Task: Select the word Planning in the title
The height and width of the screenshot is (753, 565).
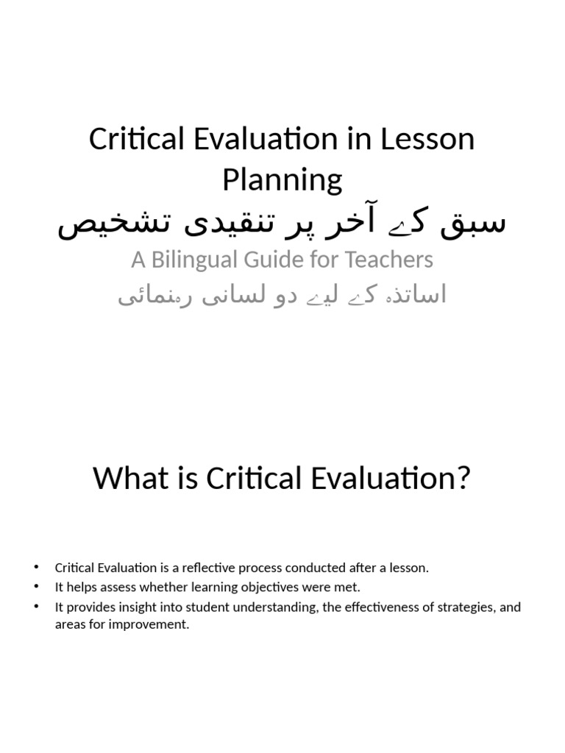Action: click(282, 179)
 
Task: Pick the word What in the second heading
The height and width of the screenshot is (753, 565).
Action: click(127, 479)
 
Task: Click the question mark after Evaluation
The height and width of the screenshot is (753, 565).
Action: click(462, 479)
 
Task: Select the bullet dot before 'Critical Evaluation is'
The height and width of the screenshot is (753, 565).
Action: click(35, 568)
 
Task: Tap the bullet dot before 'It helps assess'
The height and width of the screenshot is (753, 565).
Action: click(35, 587)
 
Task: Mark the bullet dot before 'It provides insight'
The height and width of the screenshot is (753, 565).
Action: click(35, 607)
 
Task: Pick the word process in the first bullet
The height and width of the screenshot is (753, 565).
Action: click(262, 568)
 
